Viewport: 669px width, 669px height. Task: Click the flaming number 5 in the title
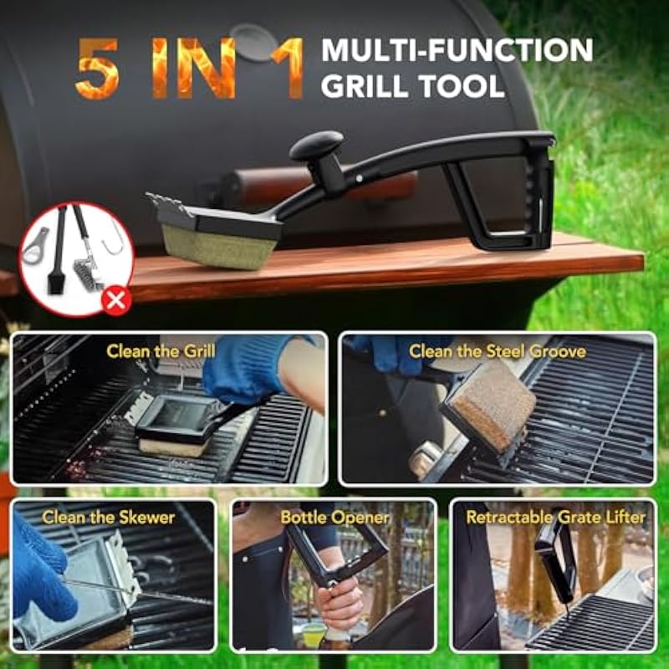pyautogui.click(x=97, y=69)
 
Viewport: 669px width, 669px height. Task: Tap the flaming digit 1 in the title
pyautogui.click(x=289, y=69)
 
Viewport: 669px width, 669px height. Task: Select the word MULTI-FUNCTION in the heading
pyautogui.click(x=457, y=50)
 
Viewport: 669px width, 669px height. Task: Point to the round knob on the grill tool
pyautogui.click(x=316, y=145)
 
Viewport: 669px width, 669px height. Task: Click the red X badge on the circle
pyautogui.click(x=116, y=300)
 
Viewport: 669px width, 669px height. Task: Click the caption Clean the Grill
pyautogui.click(x=161, y=351)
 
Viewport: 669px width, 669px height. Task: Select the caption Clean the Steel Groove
pyautogui.click(x=497, y=351)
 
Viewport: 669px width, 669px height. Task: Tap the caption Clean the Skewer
pyautogui.click(x=109, y=518)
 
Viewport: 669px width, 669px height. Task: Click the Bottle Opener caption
pyautogui.click(x=334, y=518)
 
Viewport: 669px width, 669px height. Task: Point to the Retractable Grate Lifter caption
pyautogui.click(x=555, y=518)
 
